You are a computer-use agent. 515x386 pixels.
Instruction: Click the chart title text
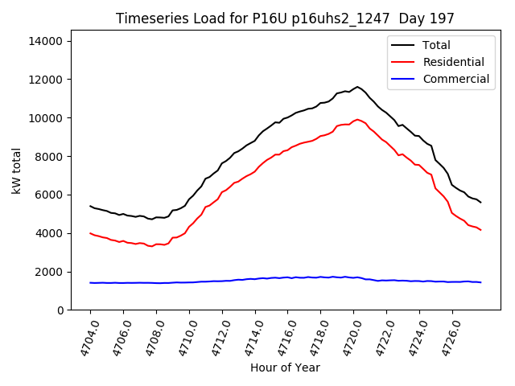(x=285, y=18)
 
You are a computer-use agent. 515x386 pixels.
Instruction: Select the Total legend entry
(x=436, y=45)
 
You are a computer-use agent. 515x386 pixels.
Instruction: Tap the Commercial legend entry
(x=455, y=79)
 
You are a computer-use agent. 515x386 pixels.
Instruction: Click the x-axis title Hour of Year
(x=285, y=368)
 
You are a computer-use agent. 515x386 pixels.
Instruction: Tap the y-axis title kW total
(x=16, y=175)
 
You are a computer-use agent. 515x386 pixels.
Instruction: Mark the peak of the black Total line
(x=357, y=87)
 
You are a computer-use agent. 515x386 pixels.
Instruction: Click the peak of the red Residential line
(x=357, y=120)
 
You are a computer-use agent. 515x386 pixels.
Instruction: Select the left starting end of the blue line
(x=90, y=283)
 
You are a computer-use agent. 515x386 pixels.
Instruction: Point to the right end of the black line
(x=481, y=202)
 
